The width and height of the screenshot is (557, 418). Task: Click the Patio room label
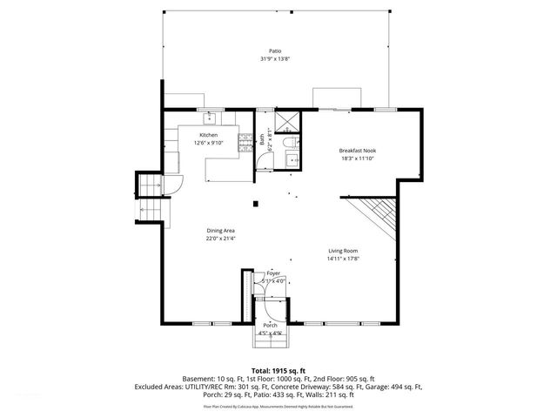pos(275,51)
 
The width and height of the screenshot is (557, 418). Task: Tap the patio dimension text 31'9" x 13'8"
pos(275,59)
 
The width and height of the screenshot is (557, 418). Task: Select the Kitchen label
pos(208,135)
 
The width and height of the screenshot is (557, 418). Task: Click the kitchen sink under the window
pos(210,117)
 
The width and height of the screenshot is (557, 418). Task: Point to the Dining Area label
pos(220,230)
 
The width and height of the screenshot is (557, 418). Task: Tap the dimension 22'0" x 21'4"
pos(220,238)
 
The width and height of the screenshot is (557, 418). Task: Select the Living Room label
pos(343,251)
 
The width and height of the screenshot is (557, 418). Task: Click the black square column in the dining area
pos(254,205)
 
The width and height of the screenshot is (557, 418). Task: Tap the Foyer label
pos(274,273)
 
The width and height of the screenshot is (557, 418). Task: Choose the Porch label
pos(271,325)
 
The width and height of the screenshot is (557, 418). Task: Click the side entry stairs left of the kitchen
pos(150,199)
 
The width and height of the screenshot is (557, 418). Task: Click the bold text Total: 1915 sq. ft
pos(278,370)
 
